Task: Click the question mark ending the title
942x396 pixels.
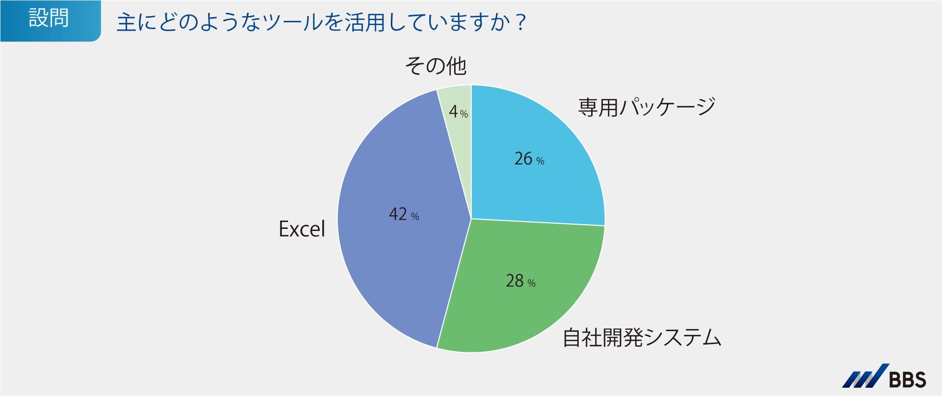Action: pyautogui.click(x=521, y=23)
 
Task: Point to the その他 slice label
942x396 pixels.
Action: pyautogui.click(x=435, y=66)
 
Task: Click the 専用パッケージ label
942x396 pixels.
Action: pyautogui.click(x=647, y=107)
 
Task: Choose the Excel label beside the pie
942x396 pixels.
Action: pyautogui.click(x=302, y=229)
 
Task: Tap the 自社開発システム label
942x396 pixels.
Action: pyautogui.click(x=642, y=338)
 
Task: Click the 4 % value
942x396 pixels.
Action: pyautogui.click(x=458, y=112)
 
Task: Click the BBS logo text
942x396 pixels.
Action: pyautogui.click(x=908, y=380)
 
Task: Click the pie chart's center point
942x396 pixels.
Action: pyautogui.click(x=471, y=219)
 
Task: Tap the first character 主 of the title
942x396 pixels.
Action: pyautogui.click(x=127, y=23)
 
